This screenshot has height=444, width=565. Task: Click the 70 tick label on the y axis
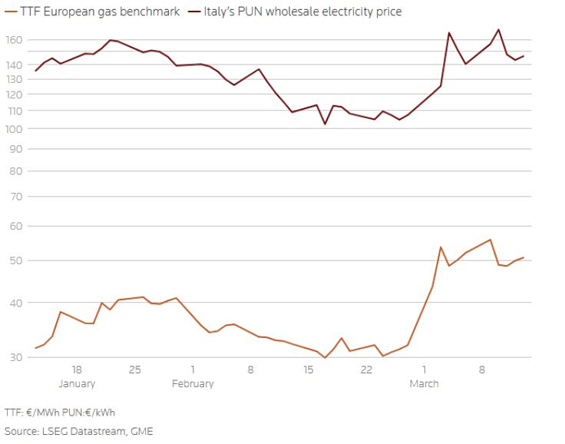pyautogui.click(x=15, y=197)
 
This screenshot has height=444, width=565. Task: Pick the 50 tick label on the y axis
pyautogui.click(x=15, y=261)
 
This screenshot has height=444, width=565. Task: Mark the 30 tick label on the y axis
pyautogui.click(x=15, y=357)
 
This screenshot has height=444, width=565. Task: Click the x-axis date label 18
pyautogui.click(x=77, y=369)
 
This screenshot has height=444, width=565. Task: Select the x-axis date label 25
pyautogui.click(x=135, y=369)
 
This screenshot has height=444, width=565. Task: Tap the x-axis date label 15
pyautogui.click(x=309, y=369)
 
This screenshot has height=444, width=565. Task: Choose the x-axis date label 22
pyautogui.click(x=366, y=369)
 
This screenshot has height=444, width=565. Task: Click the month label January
pyautogui.click(x=77, y=383)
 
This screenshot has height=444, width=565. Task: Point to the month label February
pyautogui.click(x=193, y=383)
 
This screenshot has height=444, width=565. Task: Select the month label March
pyautogui.click(x=424, y=383)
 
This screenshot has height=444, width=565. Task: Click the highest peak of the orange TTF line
pyautogui.click(x=490, y=240)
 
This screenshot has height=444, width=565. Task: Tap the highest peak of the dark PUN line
pyautogui.click(x=499, y=29)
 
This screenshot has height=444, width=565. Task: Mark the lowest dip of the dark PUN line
pyautogui.click(x=325, y=124)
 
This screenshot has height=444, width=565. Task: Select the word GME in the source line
pyautogui.click(x=142, y=431)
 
